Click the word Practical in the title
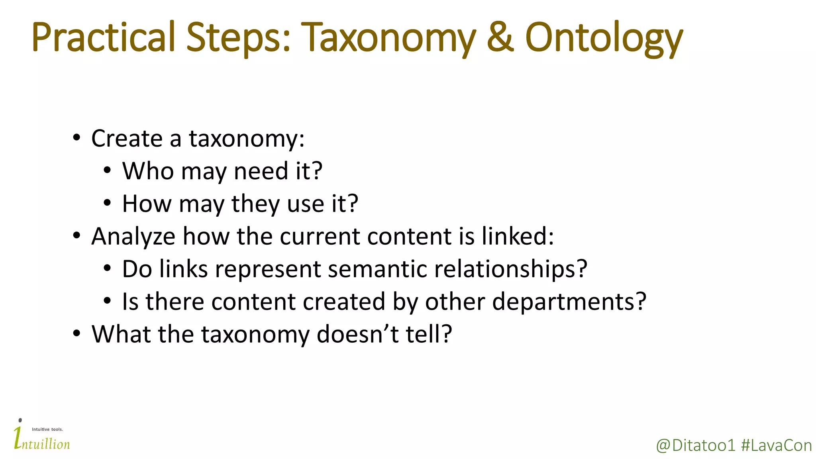103,37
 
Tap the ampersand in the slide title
500,37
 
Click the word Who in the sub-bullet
148,171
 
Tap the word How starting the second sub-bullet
147,204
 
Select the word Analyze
133,237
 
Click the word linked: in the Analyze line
518,236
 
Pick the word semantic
377,269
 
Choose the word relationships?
510,270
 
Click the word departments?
569,302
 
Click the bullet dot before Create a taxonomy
76,138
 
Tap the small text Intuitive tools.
47,430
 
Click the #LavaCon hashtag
776,445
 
